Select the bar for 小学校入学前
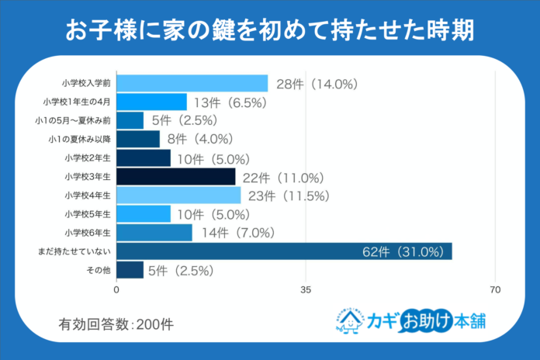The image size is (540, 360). pyautogui.click(x=192, y=83)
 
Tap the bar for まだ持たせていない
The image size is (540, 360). pyautogui.click(x=284, y=251)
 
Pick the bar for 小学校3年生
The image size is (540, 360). pyautogui.click(x=176, y=177)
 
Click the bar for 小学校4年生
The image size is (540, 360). pyautogui.click(x=178, y=196)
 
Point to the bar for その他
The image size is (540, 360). pyautogui.click(x=130, y=270)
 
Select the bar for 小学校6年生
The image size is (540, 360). pyautogui.click(x=154, y=233)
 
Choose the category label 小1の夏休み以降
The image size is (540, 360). pyautogui.click(x=81, y=139)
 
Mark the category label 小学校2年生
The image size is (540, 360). pyautogui.click(x=88, y=158)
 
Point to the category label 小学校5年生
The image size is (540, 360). pyautogui.click(x=88, y=214)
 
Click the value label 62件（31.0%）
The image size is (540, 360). pyautogui.click(x=402, y=251)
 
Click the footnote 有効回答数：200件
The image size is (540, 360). pyautogui.click(x=116, y=324)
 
